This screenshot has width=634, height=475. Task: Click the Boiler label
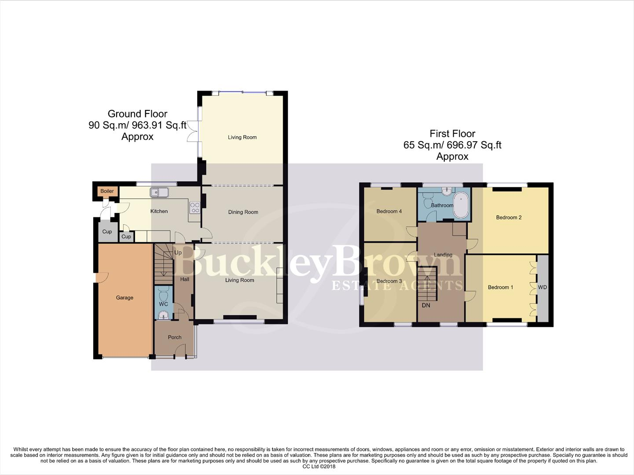click(107, 191)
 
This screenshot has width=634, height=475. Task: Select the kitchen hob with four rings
click(194, 208)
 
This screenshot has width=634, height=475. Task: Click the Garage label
click(125, 298)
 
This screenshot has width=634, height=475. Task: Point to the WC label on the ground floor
click(163, 304)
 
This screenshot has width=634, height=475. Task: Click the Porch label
click(175, 337)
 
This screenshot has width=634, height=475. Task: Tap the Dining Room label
click(243, 212)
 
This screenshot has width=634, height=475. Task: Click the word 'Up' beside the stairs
click(178, 253)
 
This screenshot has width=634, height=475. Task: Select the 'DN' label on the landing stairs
click(426, 305)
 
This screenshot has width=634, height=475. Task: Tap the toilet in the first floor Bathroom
click(426, 203)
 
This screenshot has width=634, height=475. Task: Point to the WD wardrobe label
click(542, 287)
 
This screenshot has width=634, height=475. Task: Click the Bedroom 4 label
click(389, 211)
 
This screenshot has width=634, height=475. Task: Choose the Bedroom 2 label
click(509, 217)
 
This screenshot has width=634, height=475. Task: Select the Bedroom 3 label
click(389, 281)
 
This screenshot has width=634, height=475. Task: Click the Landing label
click(443, 255)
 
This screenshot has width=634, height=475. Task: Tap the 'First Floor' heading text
click(452, 133)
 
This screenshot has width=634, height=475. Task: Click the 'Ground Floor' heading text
click(137, 114)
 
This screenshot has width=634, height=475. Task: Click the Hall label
click(185, 279)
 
